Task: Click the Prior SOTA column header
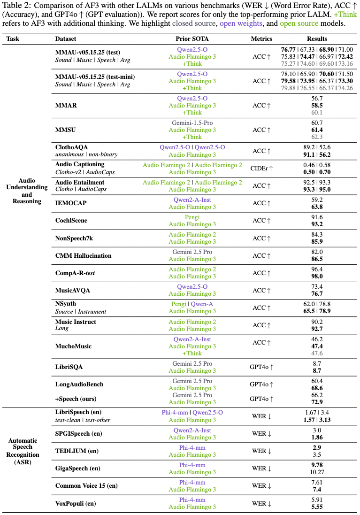(192, 39)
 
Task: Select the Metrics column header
(261, 39)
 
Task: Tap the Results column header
(317, 39)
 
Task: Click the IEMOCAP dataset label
(71, 203)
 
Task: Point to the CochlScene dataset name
(71, 221)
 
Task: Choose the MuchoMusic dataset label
(74, 346)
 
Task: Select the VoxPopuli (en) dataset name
(76, 503)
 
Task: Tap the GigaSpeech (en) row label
(78, 469)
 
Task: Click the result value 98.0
(317, 277)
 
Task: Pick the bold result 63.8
(317, 207)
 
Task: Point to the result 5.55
(317, 507)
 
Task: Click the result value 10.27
(317, 472)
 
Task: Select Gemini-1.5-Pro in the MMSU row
(192, 123)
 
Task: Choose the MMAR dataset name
(66, 106)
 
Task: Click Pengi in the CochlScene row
(192, 217)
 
